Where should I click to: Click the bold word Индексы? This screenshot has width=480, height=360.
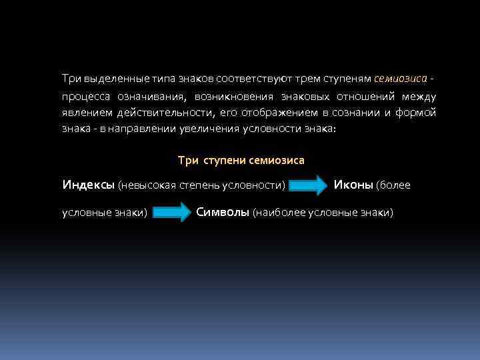tap(88, 184)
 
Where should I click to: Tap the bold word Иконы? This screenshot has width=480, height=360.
tap(353, 184)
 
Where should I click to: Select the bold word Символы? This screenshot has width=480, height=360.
tap(223, 212)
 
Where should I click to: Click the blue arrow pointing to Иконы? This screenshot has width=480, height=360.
tap(311, 185)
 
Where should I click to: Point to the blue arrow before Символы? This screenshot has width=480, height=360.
tap(173, 213)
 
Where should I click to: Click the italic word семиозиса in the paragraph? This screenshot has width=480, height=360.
tap(400, 78)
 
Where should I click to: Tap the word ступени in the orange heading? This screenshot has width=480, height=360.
tap(220, 160)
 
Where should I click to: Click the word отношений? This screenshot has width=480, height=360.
tap(367, 96)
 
